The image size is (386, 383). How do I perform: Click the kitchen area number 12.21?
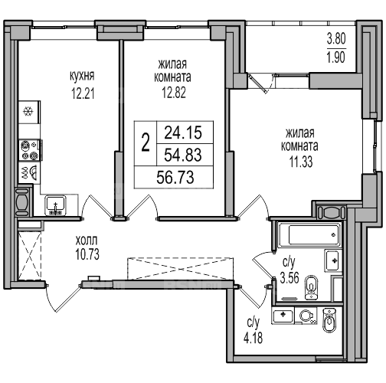click(x=83, y=93)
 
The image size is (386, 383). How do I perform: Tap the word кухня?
click(x=82, y=76)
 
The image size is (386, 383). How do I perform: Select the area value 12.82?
click(x=174, y=93)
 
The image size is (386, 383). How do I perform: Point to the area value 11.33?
click(x=301, y=162)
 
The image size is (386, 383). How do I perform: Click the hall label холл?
click(x=87, y=241)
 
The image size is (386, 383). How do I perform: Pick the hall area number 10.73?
click(x=87, y=254)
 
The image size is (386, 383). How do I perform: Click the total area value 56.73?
click(x=175, y=177)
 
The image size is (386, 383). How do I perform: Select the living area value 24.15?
click(x=183, y=133)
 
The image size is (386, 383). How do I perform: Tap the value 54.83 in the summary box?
click(x=183, y=155)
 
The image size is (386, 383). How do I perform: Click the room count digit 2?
click(x=146, y=142)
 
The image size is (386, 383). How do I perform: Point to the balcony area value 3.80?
click(x=336, y=39)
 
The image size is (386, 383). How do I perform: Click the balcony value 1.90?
click(x=336, y=57)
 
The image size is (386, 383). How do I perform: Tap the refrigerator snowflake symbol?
click(x=28, y=112)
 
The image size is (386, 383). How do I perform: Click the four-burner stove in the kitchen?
click(x=30, y=150)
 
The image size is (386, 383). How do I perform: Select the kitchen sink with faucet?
click(x=56, y=205)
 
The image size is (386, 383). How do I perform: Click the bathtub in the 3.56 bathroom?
click(x=310, y=235)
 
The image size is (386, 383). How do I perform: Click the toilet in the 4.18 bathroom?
click(x=329, y=320)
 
